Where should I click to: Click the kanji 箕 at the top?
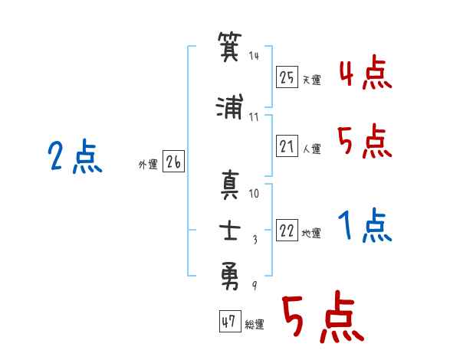(x=230, y=46)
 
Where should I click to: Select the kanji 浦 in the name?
(x=230, y=106)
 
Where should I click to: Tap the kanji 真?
(x=230, y=185)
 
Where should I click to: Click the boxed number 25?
(x=287, y=77)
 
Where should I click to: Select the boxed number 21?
(x=287, y=146)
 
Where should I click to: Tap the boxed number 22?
(x=287, y=230)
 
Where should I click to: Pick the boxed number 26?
(x=173, y=162)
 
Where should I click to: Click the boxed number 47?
(x=230, y=321)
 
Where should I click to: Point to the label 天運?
(x=312, y=80)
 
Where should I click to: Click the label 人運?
(x=312, y=149)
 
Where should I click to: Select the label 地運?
(x=311, y=233)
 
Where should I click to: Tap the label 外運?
(x=148, y=165)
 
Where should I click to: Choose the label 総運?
(x=255, y=324)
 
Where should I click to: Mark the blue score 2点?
(x=75, y=156)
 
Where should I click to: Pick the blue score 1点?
(x=365, y=225)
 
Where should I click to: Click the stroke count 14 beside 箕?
(x=254, y=56)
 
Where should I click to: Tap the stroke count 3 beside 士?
(x=255, y=240)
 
